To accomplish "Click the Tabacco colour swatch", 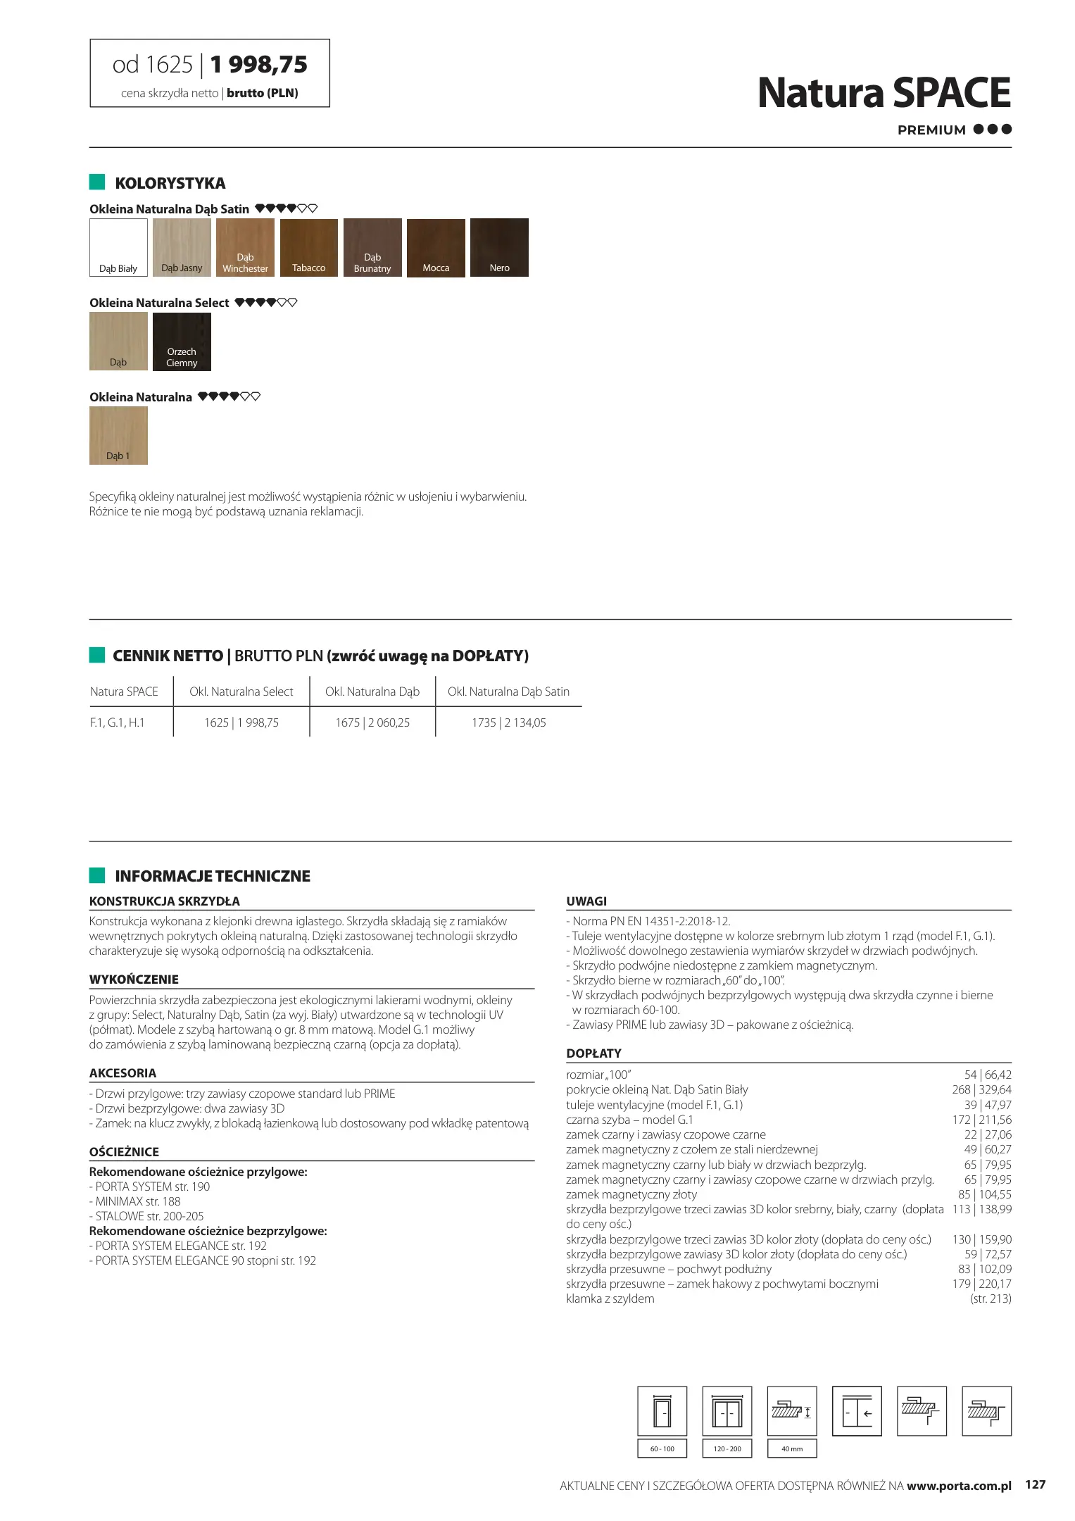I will [308, 247].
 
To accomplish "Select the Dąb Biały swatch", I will [118, 247].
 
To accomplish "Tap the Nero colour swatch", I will [499, 247].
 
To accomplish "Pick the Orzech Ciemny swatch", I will [182, 342].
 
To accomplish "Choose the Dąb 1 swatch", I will [118, 435].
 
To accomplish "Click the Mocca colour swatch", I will [436, 247].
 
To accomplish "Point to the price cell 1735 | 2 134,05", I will [508, 722].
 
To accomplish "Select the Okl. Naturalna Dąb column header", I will [372, 691].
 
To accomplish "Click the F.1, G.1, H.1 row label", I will [117, 722].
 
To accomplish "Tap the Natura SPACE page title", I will [884, 93].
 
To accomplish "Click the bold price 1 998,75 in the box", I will [258, 65].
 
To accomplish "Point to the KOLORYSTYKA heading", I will [170, 183].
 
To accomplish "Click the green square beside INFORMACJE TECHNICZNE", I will [97, 875].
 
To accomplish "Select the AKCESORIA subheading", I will [122, 1073].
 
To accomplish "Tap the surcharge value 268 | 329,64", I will [981, 1089].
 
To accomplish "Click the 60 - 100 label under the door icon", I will [662, 1448].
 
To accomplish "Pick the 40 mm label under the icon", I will [791, 1448].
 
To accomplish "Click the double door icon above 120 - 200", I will [727, 1410].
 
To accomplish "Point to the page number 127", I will [1035, 1485].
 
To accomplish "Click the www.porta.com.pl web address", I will [958, 1486].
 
